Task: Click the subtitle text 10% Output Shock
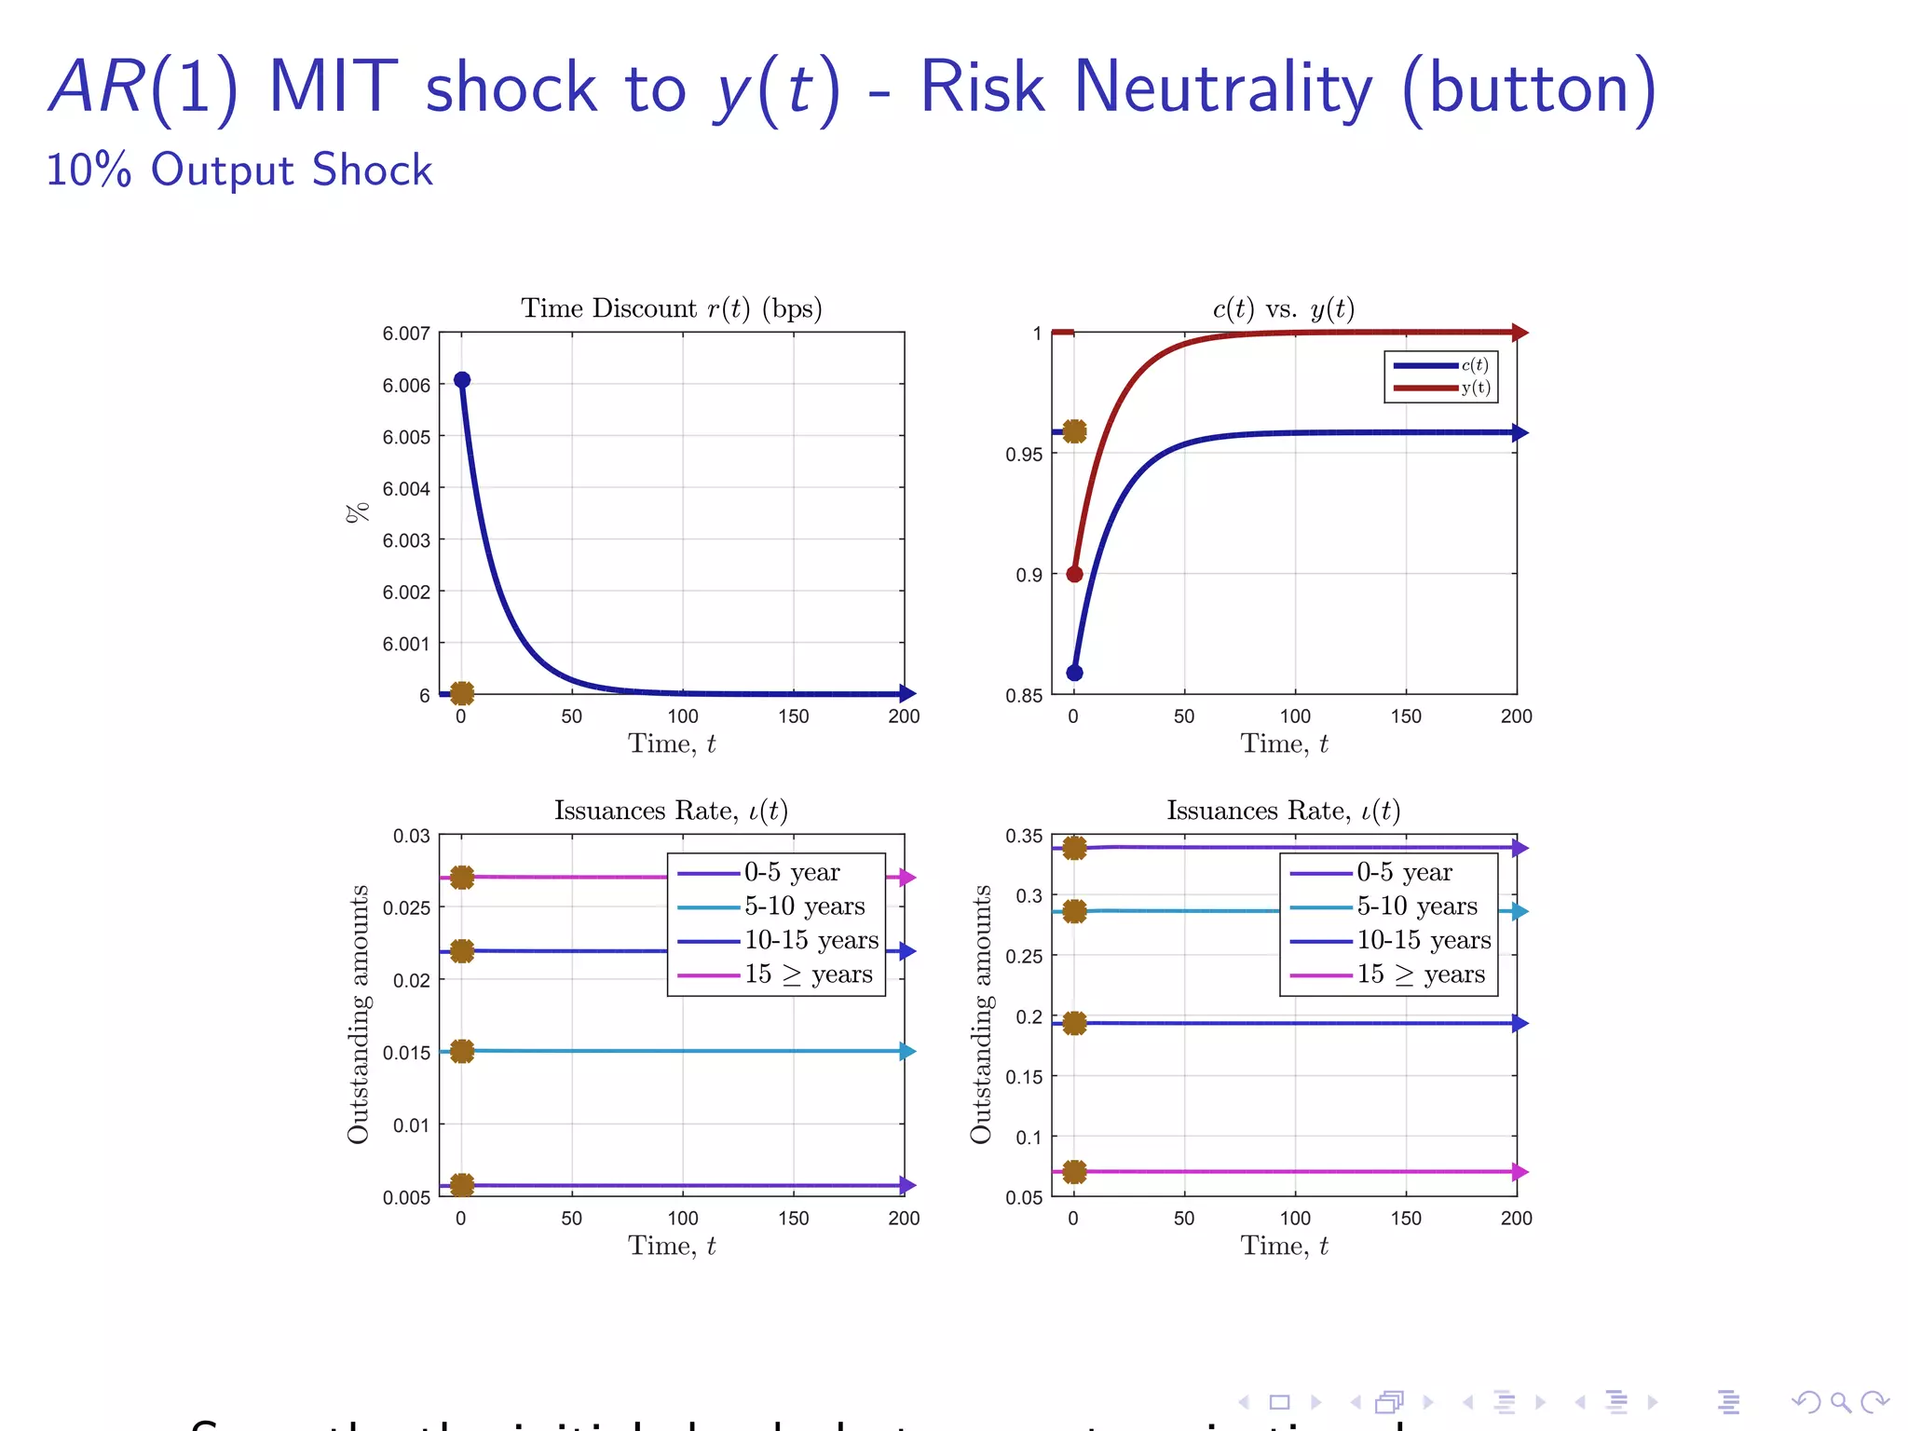[x=239, y=170]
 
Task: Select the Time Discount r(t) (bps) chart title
[x=671, y=308]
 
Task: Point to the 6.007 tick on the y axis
[x=406, y=334]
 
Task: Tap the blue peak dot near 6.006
[x=462, y=380]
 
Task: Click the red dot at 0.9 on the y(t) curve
[x=1074, y=574]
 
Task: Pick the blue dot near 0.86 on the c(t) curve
[x=1074, y=673]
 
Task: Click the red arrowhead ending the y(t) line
[x=1520, y=333]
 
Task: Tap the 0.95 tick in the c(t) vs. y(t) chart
[x=1024, y=455]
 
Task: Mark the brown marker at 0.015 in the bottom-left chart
[x=462, y=1052]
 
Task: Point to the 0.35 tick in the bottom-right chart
[x=1024, y=837]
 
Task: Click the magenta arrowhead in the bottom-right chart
[x=1520, y=1172]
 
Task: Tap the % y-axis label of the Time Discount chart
[x=358, y=512]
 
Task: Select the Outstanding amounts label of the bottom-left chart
[x=358, y=1015]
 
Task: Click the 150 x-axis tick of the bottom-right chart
[x=1406, y=1219]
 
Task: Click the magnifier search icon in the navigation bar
[x=1840, y=1402]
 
